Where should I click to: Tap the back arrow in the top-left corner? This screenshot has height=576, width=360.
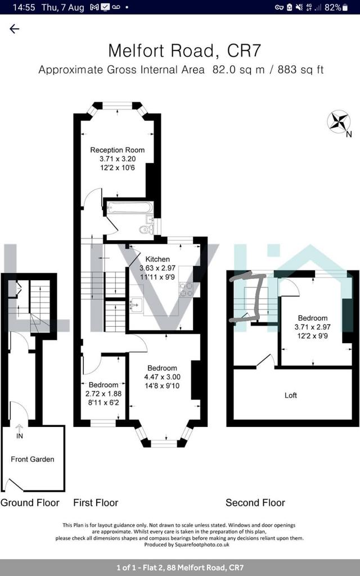pyautogui.click(x=15, y=29)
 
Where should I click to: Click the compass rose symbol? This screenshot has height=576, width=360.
pyautogui.click(x=339, y=121)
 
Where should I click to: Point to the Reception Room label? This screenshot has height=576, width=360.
pyautogui.click(x=118, y=150)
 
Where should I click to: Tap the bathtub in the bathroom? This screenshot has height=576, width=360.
pyautogui.click(x=129, y=208)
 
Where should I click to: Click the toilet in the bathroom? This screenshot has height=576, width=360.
pyautogui.click(x=146, y=229)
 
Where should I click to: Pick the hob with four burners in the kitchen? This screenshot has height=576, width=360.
pyautogui.click(x=186, y=289)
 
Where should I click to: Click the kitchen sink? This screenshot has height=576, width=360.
pyautogui.click(x=136, y=305)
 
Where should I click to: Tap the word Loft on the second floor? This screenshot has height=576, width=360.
pyautogui.click(x=291, y=395)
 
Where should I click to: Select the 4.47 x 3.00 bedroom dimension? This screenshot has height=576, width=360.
pyautogui.click(x=162, y=377)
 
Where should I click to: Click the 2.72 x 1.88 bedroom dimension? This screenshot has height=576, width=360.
pyautogui.click(x=103, y=394)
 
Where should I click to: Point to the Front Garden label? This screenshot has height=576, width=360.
pyautogui.click(x=33, y=459)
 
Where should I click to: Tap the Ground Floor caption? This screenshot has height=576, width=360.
pyautogui.click(x=30, y=502)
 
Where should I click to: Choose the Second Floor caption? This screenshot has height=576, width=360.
pyautogui.click(x=255, y=502)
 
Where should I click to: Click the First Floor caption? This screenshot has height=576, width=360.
pyautogui.click(x=96, y=502)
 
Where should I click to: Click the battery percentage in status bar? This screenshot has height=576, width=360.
pyautogui.click(x=333, y=7)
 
